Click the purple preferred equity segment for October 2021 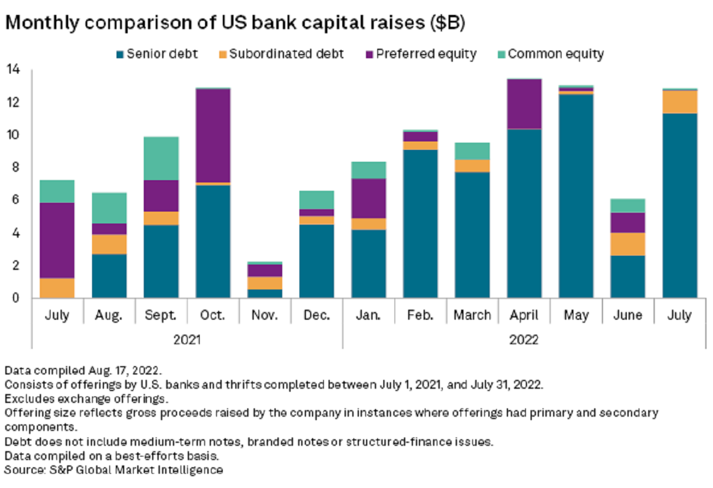click(x=213, y=136)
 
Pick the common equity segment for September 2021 click(x=160, y=158)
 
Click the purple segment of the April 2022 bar click(x=523, y=104)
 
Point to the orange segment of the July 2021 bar click(x=56, y=288)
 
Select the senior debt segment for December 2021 click(x=317, y=261)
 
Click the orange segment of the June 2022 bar click(x=627, y=244)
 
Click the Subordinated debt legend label click(x=286, y=55)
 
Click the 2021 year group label click(x=187, y=341)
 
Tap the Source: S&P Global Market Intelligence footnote click(x=113, y=470)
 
